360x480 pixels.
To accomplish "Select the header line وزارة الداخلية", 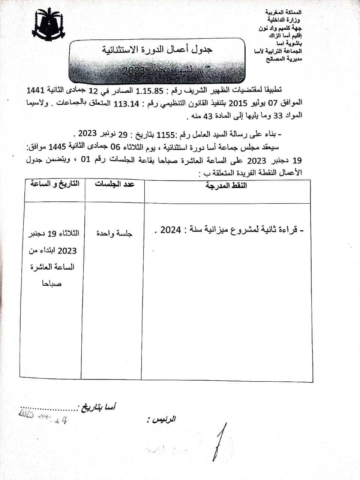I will click(x=283, y=20).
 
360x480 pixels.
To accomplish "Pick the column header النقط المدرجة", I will click(x=226, y=186).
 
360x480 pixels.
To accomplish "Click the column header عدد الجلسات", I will click(x=114, y=184).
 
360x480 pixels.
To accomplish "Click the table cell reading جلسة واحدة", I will click(x=114, y=233).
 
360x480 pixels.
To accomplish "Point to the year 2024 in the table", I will click(x=170, y=230).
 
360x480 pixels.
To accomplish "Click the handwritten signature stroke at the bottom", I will click(x=220, y=442).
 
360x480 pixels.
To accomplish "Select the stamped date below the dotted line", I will click(x=43, y=417).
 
